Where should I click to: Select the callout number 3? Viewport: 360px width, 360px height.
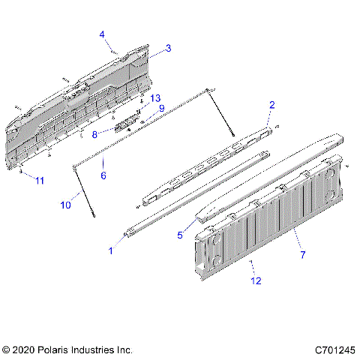168,48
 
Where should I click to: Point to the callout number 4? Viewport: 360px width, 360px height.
102,34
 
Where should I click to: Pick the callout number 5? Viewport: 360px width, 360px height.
180,235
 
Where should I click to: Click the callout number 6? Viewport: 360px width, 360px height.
103,175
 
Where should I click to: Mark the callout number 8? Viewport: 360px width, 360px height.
94,135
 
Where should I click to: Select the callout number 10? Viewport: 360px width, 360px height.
65,204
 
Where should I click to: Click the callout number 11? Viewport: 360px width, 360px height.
39,181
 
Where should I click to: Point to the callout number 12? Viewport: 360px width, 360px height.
256,282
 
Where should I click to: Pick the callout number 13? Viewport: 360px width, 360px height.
155,98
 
